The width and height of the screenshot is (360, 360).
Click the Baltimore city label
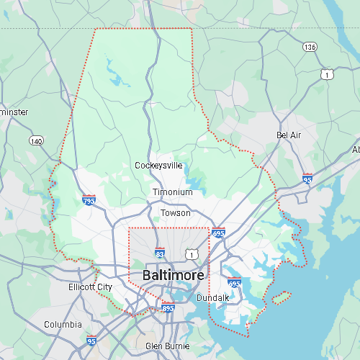click(173, 276)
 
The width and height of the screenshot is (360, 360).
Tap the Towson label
click(176, 213)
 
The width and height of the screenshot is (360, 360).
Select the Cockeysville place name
click(158, 166)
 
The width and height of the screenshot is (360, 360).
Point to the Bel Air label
click(288, 135)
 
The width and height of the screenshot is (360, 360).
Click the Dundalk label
click(212, 297)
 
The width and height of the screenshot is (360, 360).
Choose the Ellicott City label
click(89, 287)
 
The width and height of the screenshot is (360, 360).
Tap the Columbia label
click(63, 325)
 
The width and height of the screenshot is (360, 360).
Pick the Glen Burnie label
click(168, 346)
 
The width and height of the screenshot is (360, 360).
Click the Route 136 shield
click(310, 47)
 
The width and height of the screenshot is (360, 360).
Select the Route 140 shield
click(35, 140)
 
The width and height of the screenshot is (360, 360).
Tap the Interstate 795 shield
click(89, 199)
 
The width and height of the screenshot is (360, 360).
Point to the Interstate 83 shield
click(160, 253)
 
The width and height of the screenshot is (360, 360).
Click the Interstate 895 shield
click(168, 308)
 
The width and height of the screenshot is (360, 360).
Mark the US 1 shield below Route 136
click(328, 74)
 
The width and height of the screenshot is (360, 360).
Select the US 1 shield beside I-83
click(191, 253)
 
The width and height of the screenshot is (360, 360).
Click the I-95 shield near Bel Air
click(307, 178)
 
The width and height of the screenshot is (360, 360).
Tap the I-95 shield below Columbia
click(91, 341)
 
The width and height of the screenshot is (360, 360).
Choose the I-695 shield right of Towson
click(219, 233)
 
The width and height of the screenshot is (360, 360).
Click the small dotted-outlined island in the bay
click(281, 295)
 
